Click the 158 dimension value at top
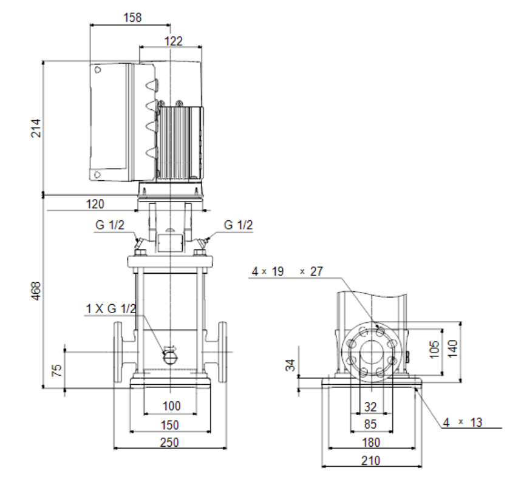(x=132, y=17)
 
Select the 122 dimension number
(x=174, y=41)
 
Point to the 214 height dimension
(x=36, y=128)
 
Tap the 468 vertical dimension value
(x=36, y=291)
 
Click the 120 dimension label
(x=95, y=204)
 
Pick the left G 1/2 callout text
(x=110, y=225)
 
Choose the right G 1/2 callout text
(x=238, y=225)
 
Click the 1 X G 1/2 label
(x=111, y=308)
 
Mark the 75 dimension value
(x=57, y=370)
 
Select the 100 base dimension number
(x=171, y=406)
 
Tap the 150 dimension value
(x=170, y=425)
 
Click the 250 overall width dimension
(x=169, y=442)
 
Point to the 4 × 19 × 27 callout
(x=287, y=271)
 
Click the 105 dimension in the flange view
(x=434, y=350)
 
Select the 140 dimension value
(x=452, y=348)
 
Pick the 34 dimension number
(x=290, y=365)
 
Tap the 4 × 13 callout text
(x=463, y=422)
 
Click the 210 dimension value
(x=371, y=461)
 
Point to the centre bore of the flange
(x=372, y=351)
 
